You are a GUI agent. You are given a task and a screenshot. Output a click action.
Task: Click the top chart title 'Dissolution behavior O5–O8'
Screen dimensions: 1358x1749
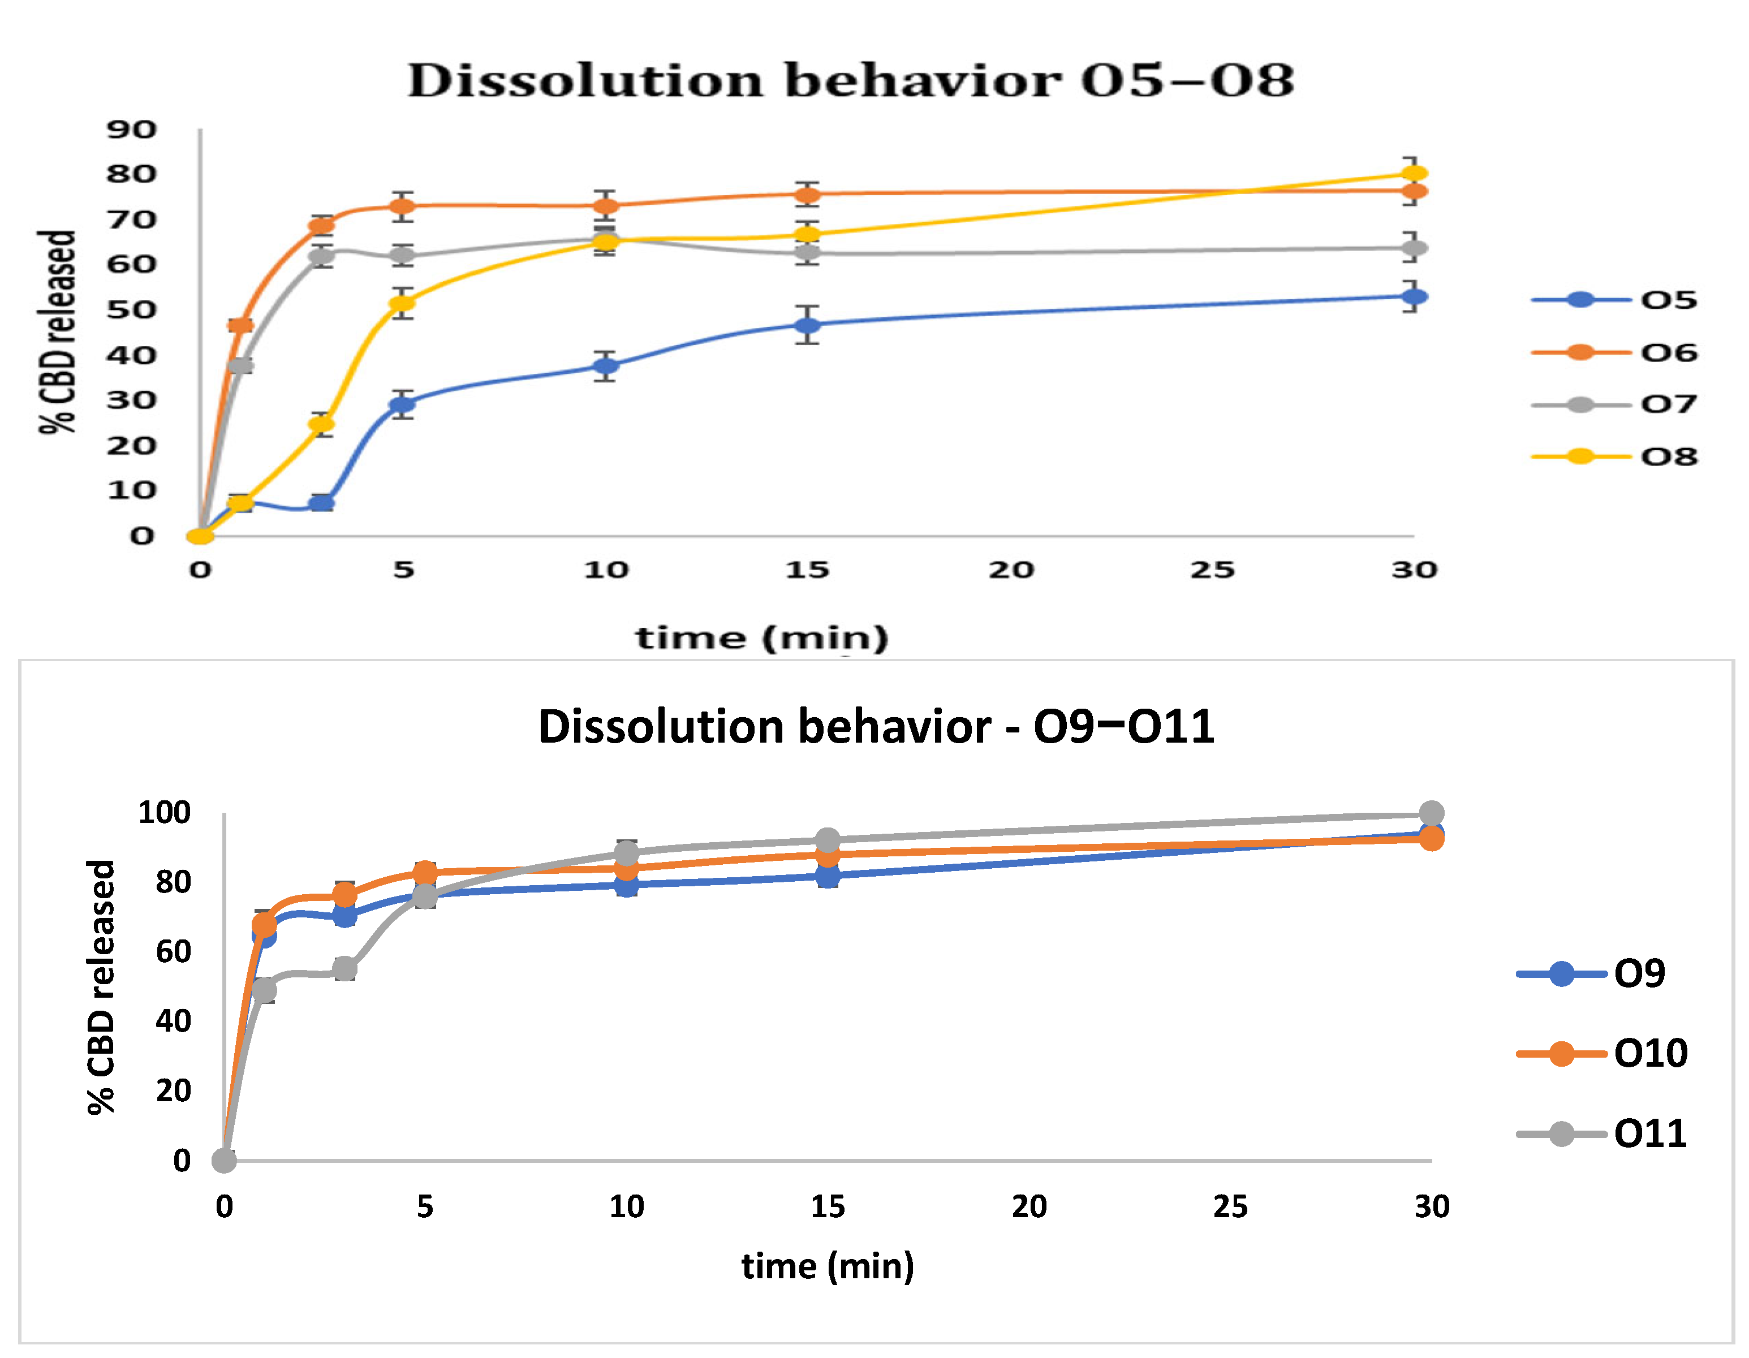(x=851, y=81)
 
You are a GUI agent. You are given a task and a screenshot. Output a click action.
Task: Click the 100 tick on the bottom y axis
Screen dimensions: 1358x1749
(x=164, y=813)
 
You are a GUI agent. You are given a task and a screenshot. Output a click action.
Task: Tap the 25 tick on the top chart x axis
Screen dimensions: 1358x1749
(x=1212, y=570)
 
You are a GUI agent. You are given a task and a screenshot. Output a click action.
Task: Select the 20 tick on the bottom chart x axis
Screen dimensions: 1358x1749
(x=1029, y=1206)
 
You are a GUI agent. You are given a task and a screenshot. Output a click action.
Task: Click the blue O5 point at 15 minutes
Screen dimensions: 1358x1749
(x=808, y=325)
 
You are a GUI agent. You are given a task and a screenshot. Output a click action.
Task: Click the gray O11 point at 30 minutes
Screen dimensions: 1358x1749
(x=1432, y=813)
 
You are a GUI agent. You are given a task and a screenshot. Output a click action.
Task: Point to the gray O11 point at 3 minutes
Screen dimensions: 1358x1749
(x=345, y=969)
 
